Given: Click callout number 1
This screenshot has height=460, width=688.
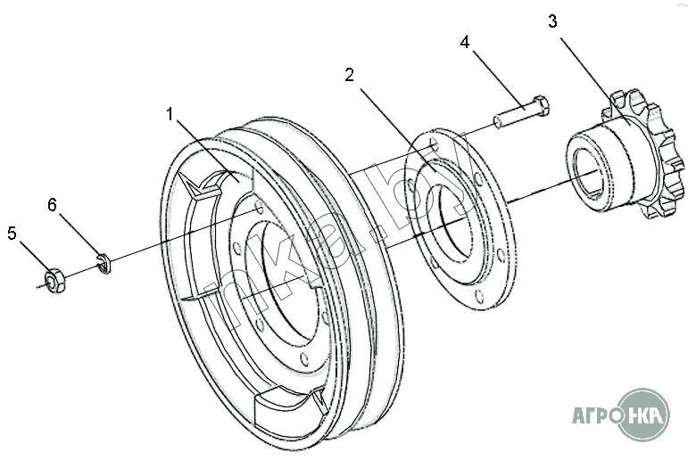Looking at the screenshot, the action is point(170,114).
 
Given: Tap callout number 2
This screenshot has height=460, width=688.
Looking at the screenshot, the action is point(349,75).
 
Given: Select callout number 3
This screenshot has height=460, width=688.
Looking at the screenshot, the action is point(552,21).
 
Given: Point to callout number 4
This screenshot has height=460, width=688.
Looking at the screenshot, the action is point(465,42).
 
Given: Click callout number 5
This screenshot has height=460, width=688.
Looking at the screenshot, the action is point(12,234).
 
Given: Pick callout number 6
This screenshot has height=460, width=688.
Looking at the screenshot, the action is point(53,204).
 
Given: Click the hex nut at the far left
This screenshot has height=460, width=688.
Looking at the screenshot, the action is point(55,280).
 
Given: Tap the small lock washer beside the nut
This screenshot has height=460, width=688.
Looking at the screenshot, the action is point(104,264).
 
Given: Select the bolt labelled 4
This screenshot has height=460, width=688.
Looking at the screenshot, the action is point(522,112).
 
